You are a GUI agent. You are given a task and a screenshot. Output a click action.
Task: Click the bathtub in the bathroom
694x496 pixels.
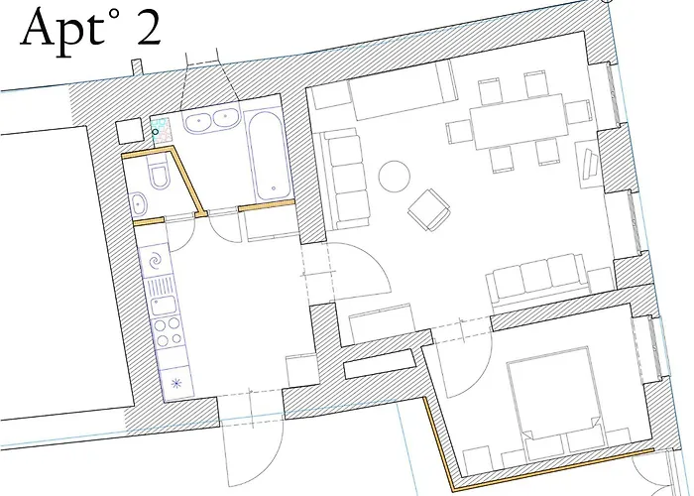point(270,156)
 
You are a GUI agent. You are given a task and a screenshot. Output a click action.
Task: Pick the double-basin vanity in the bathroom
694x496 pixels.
point(212,121)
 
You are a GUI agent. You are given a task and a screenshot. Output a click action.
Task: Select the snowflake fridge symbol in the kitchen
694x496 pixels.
point(176,381)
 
